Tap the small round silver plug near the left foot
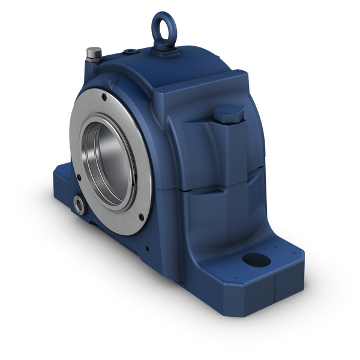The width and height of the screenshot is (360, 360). tap(79, 205)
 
